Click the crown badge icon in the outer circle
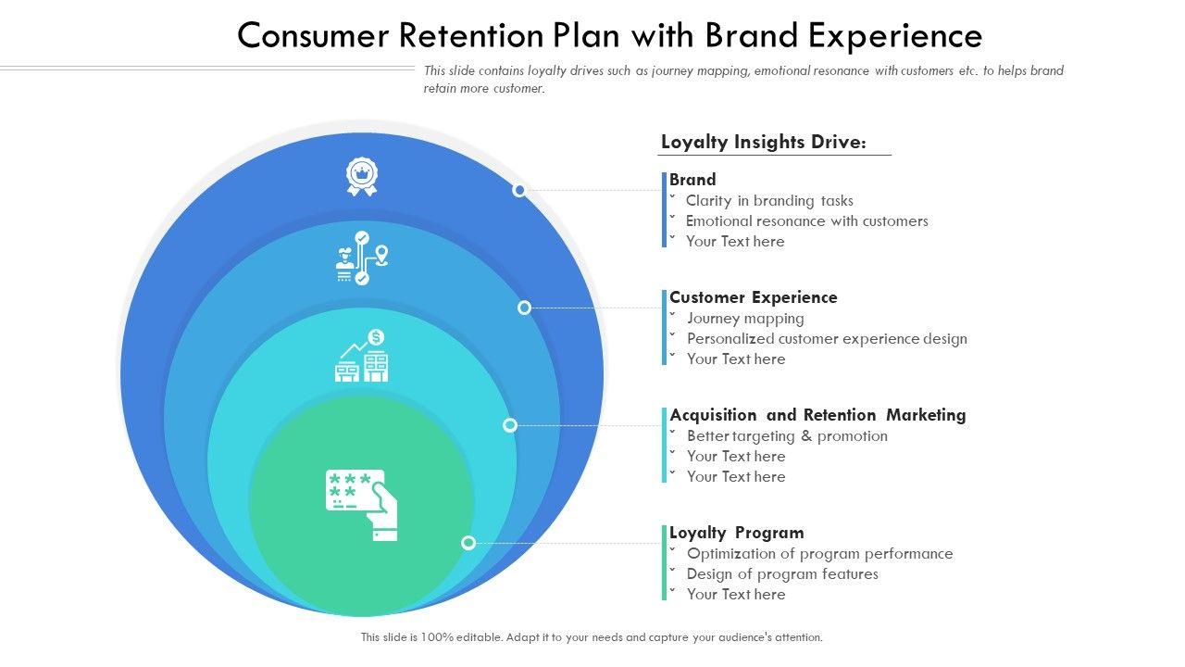(x=362, y=176)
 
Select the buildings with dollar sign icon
(x=362, y=356)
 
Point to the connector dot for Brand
(x=519, y=190)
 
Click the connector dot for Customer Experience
(x=524, y=308)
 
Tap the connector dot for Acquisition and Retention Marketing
(x=509, y=425)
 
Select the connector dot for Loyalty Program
(x=468, y=543)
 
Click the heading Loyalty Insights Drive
(x=763, y=142)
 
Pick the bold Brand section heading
(x=692, y=180)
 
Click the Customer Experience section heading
(x=753, y=297)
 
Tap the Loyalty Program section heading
(x=736, y=533)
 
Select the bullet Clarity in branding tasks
(x=768, y=200)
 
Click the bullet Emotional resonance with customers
(x=806, y=220)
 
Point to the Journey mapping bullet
(x=745, y=318)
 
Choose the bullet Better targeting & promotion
(x=787, y=435)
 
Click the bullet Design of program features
(x=782, y=573)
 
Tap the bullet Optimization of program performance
(x=819, y=553)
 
